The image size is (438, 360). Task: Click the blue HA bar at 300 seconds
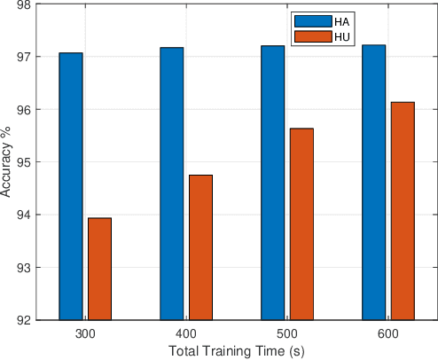pos(70,186)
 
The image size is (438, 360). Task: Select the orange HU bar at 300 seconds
pos(99,269)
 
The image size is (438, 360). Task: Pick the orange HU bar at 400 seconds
pos(200,247)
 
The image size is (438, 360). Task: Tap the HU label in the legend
pos(341,37)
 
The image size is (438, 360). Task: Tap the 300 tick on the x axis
pos(85,333)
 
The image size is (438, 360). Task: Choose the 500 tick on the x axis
pos(287,333)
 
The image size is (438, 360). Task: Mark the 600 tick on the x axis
pos(388,333)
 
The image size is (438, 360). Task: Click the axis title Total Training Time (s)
pos(237,350)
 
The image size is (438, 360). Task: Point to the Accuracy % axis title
pos(7,162)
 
